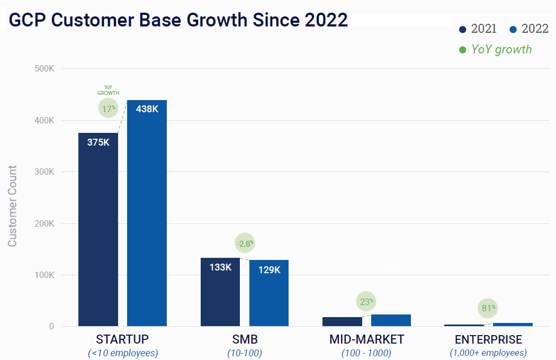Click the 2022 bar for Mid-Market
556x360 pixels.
point(391,320)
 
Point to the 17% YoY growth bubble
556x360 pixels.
point(109,108)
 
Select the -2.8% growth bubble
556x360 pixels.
point(245,244)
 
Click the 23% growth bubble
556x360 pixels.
point(366,301)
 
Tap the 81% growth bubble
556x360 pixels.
point(488,307)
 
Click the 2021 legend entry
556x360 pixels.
point(478,29)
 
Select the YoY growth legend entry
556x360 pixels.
point(495,49)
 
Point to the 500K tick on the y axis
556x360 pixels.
point(44,69)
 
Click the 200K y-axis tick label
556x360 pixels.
point(44,223)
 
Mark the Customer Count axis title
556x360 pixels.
point(13,206)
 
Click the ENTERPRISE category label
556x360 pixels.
point(488,339)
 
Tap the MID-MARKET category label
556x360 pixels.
point(366,339)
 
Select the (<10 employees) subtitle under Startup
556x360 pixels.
point(122,353)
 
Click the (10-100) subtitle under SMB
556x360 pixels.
point(245,353)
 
